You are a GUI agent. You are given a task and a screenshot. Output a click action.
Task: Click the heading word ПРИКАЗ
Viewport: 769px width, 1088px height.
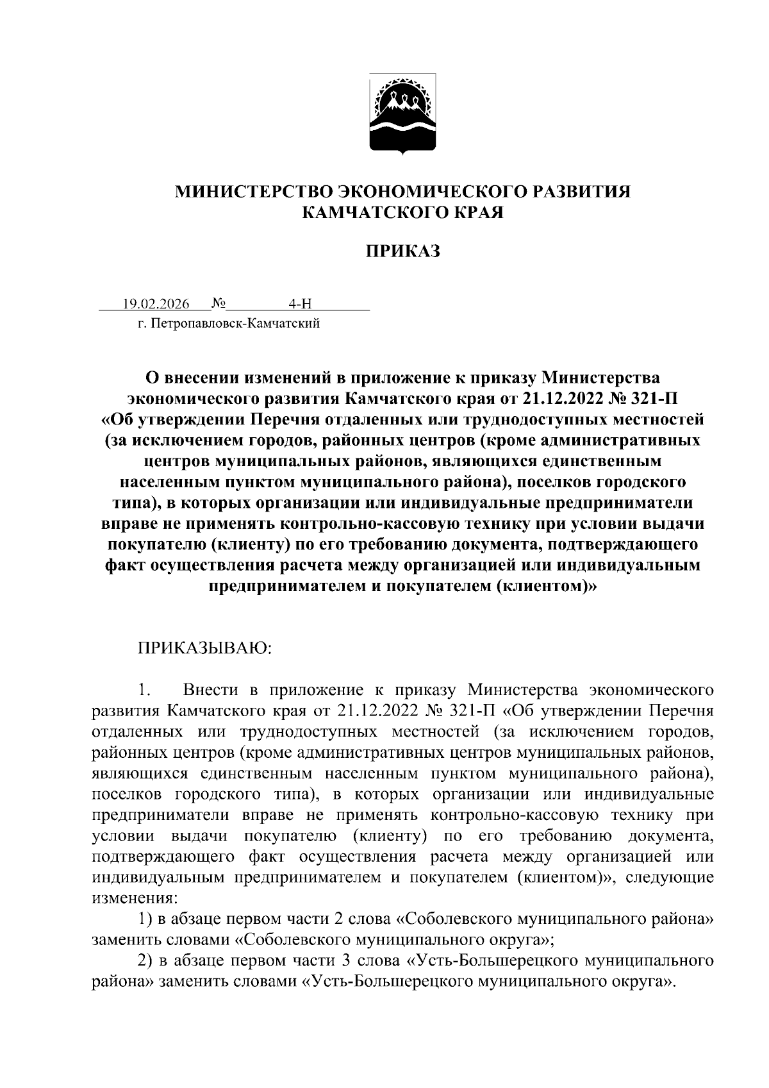(403, 251)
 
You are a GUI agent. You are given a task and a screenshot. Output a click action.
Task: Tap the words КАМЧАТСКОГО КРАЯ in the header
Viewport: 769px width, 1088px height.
(403, 212)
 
